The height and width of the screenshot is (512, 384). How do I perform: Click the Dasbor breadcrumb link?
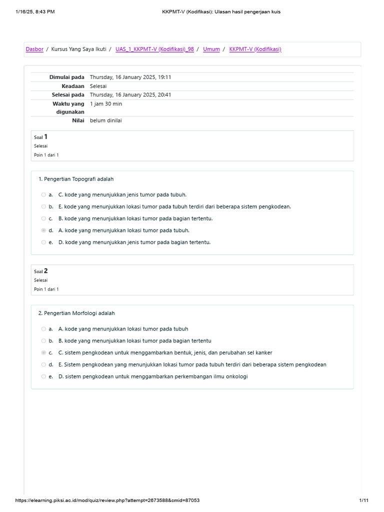pos(34,49)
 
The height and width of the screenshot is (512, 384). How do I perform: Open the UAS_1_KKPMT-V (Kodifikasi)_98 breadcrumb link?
pos(154,49)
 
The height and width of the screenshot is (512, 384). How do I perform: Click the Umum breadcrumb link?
pos(211,49)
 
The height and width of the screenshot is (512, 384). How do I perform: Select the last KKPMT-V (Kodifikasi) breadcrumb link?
pos(255,49)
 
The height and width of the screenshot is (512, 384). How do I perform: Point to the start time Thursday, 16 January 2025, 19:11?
pos(130,77)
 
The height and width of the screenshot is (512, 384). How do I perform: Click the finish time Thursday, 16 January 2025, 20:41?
pos(130,94)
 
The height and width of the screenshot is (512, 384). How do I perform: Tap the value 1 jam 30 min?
pos(106,104)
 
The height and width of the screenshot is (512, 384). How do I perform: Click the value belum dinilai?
pos(106,120)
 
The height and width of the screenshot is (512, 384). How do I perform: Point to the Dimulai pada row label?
pos(66,77)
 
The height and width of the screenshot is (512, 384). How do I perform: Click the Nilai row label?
pos(78,120)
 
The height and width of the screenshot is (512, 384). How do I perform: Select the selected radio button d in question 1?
pos(44,230)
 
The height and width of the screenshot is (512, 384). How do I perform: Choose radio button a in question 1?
pos(44,194)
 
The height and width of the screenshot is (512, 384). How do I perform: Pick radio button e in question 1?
pos(44,242)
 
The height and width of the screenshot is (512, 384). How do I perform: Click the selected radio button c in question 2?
pos(44,352)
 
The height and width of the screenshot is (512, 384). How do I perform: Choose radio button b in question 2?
pos(44,340)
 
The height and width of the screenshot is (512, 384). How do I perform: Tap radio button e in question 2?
pos(44,376)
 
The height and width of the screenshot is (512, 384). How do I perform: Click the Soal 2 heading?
pos(41,271)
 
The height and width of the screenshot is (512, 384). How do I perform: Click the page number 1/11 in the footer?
pos(363,500)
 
